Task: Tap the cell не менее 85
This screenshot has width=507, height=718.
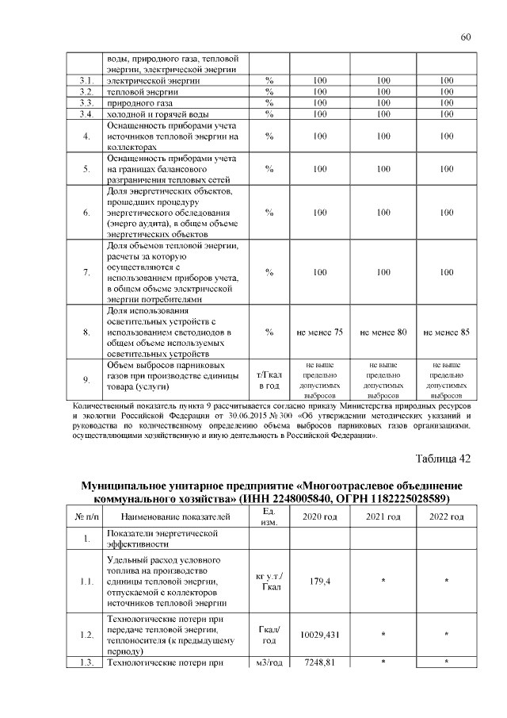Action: coord(446,332)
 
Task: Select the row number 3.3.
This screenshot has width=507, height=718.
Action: coord(87,103)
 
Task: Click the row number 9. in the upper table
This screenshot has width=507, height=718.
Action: coord(87,379)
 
